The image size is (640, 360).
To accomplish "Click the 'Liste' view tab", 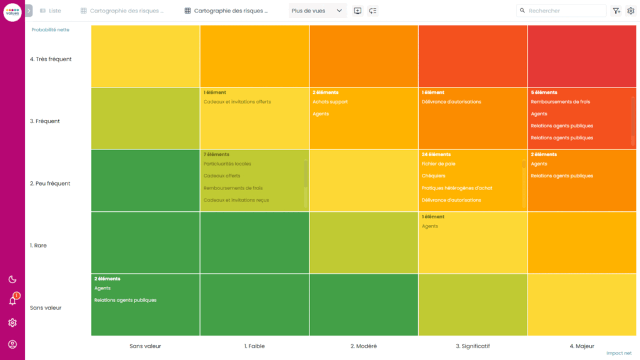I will pos(51,11).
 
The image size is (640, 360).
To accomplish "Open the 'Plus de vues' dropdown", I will pos(317,11).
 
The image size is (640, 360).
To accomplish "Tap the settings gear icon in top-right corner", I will pos(631,11).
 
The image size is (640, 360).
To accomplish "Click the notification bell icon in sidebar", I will pos(12,301).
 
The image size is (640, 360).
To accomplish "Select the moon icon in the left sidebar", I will pos(12,279).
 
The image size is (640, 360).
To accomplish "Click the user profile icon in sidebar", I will pos(12,344).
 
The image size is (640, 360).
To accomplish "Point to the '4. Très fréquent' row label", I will pos(51,59).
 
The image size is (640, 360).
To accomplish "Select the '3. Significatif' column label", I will pos(472,346).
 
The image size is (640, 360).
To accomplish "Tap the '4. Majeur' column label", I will pos(581,346).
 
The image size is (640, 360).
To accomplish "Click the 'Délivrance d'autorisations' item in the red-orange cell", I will pos(451,102).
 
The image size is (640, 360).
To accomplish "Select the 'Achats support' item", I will pos(330,102).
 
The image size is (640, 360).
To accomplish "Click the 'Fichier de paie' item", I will pos(438,164).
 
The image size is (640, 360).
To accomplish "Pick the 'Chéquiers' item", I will pos(433,176).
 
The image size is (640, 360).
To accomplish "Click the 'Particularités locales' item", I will pos(227,164).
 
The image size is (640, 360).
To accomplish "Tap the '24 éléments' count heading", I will pos(436,154).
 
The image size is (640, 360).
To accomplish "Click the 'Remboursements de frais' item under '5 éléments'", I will pos(560,102).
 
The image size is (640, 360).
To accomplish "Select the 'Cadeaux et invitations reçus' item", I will pos(236,200).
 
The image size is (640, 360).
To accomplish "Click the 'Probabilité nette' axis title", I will pos(51,29).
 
